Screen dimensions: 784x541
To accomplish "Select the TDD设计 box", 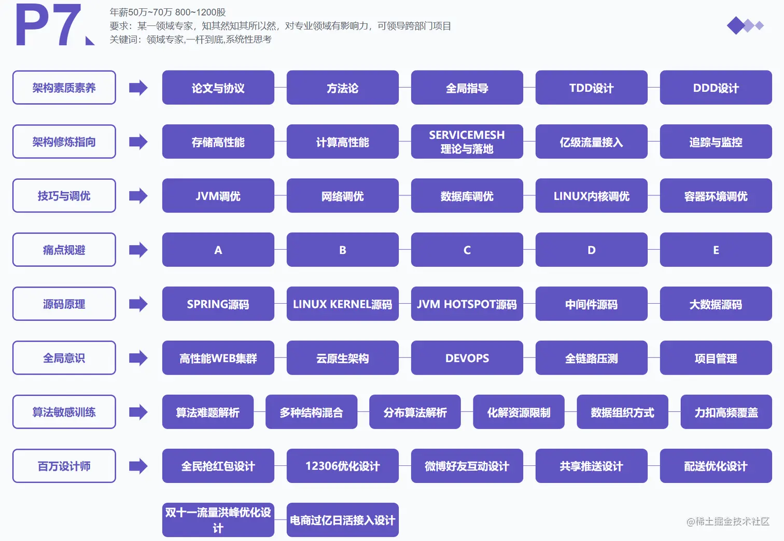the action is [591, 88].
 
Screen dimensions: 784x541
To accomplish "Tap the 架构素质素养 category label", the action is [64, 88].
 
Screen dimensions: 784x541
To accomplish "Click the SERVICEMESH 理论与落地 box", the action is [467, 141].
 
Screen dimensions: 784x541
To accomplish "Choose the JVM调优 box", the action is [218, 196].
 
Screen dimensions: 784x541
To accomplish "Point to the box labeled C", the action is [467, 250].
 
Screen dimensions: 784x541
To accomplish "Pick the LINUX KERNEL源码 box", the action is [342, 304].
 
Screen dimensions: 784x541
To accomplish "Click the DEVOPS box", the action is [467, 358].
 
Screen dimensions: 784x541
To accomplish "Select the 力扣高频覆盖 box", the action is [726, 412].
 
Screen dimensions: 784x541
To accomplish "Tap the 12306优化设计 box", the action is [342, 466].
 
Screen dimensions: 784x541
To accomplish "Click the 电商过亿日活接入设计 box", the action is [342, 520].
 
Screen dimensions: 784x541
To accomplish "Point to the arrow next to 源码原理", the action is [138, 304].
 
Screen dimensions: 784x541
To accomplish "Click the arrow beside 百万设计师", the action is [138, 466].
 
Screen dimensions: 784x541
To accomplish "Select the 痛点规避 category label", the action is [64, 250].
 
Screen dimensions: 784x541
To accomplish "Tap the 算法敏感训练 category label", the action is [64, 412].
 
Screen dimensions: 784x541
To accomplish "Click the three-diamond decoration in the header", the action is [745, 25].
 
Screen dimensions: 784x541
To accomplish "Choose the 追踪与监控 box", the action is [716, 141].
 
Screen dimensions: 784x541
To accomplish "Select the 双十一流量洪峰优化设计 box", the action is [218, 520].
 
